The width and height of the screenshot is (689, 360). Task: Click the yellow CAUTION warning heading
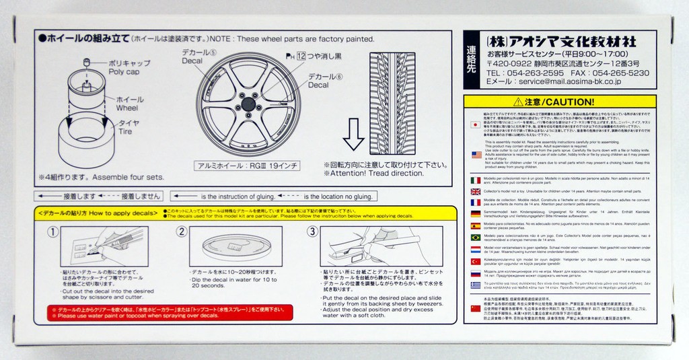[x=552, y=102]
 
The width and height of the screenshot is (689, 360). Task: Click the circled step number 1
[x=52, y=231]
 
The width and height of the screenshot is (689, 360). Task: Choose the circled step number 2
[x=182, y=231]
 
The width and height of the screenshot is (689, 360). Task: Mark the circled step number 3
[x=312, y=231]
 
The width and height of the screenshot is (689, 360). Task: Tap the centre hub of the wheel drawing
[x=248, y=104]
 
